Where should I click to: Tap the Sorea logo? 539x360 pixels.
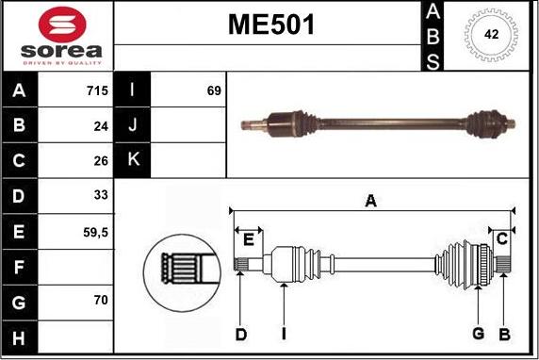[x=57, y=38]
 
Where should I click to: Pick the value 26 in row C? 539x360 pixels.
[x=101, y=160]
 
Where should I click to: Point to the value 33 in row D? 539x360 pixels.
[x=101, y=195]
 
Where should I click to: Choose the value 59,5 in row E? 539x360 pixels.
[x=96, y=230]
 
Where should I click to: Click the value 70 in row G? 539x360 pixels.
[x=101, y=302]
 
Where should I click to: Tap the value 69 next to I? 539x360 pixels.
[x=213, y=90]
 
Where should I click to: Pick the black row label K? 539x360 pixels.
[x=133, y=160]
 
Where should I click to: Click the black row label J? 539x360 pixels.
[x=133, y=125]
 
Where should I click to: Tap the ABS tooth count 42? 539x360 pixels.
[x=490, y=35]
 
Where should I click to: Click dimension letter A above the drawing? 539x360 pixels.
[x=371, y=200]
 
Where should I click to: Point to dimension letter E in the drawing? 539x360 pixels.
[x=248, y=239]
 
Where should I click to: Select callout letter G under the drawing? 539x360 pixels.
[x=478, y=334]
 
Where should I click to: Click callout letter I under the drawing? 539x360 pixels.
[x=283, y=334]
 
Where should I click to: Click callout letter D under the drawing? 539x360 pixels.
[x=241, y=334]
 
